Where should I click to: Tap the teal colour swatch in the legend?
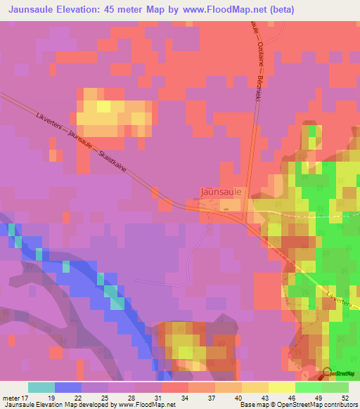(x=41, y=387)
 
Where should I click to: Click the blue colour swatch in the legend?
(x=67, y=387)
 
